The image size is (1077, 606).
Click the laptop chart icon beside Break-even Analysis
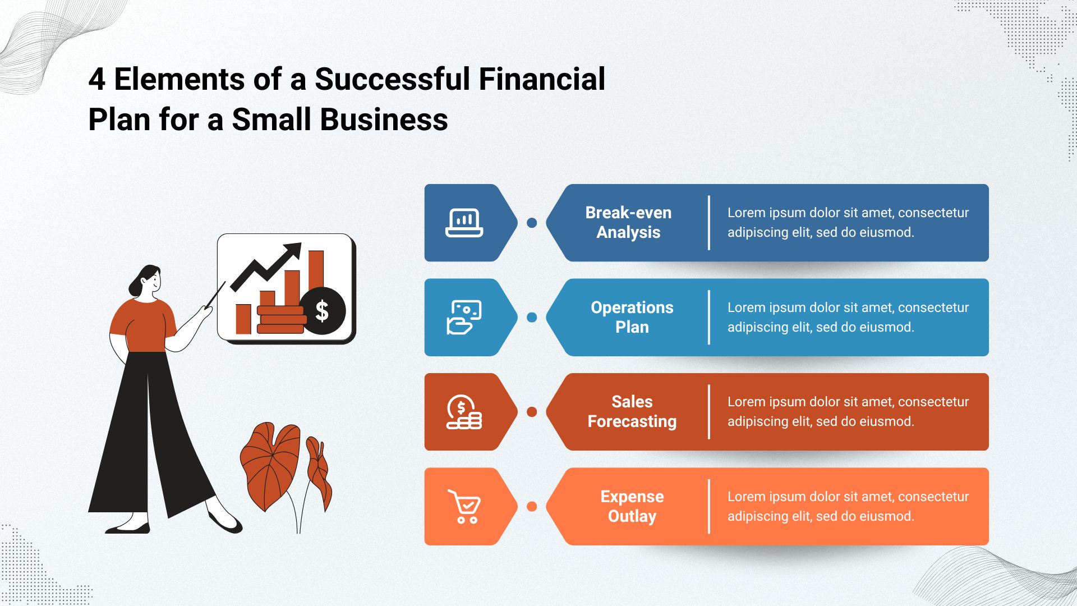point(464,223)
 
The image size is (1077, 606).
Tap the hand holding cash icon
point(464,318)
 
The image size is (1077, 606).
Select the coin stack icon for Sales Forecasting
point(464,412)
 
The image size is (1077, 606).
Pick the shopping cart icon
point(464,507)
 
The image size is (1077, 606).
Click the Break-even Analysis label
point(628,223)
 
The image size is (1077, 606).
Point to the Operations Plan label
point(632,318)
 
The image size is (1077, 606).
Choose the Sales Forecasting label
point(632,412)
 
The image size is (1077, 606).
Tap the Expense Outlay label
point(632,507)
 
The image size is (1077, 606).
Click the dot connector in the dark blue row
point(532,223)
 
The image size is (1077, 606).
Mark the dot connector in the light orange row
point(532,507)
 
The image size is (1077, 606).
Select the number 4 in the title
point(97,79)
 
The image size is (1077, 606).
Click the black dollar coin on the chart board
point(322,311)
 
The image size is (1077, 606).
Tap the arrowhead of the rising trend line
point(292,251)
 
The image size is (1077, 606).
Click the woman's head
point(147,281)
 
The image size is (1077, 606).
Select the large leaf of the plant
point(270,465)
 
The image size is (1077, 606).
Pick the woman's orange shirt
point(144,325)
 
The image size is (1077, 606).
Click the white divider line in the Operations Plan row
point(709,318)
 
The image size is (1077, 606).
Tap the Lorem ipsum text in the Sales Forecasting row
point(848,412)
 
